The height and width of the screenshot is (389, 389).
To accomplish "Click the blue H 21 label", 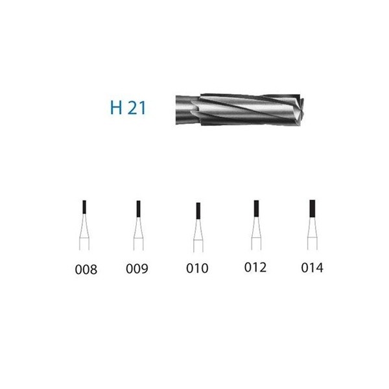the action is click(128, 108).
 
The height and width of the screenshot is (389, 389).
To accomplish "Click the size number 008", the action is click(86, 270).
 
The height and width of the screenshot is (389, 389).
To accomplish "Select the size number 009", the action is click(137, 268).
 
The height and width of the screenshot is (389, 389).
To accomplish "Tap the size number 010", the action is click(197, 268).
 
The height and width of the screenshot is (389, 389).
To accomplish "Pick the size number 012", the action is click(255, 267).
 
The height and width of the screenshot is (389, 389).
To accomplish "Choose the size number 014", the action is click(312, 268).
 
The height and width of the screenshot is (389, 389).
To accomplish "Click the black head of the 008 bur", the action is click(84, 207).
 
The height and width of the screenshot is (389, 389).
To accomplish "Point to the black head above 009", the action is click(139, 209).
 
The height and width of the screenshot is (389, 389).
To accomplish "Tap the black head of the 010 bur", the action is click(198, 211).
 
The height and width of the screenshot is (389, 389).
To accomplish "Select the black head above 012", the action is click(256, 208).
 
